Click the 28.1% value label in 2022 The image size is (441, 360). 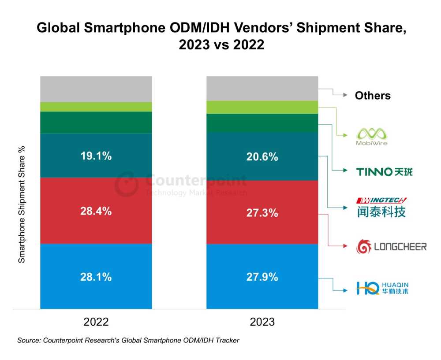click(96, 277)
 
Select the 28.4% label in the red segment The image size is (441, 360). click(96, 211)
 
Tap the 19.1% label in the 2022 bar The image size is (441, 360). click(96, 156)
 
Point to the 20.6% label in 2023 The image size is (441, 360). click(262, 156)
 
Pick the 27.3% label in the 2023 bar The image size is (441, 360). click(262, 213)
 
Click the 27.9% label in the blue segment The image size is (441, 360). click(262, 277)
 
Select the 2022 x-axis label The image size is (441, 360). click(96, 322)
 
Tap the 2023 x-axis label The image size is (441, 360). click(262, 322)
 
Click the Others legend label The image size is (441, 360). click(373, 96)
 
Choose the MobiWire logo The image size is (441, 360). click(372, 137)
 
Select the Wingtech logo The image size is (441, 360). click(381, 207)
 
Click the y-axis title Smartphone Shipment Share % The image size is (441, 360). click(22, 204)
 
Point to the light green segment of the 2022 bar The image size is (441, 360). click(96, 107)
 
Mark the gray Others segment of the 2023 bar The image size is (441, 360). click(262, 88)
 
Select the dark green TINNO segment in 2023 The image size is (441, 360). click(262, 123)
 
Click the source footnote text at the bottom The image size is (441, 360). click(128, 340)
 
